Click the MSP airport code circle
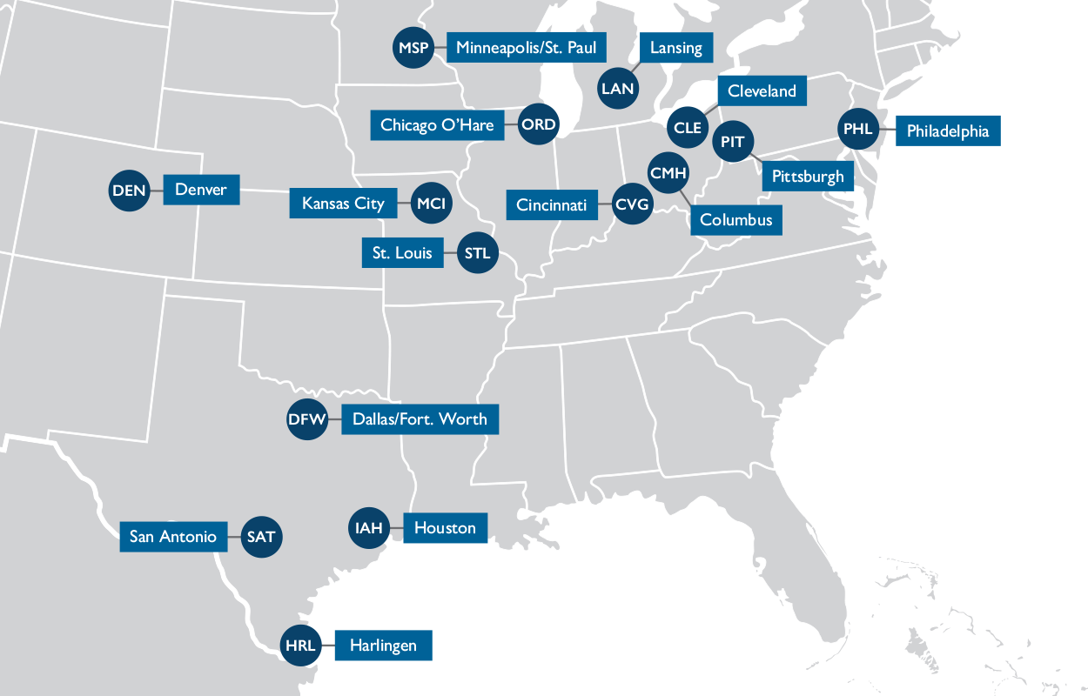tap(413, 48)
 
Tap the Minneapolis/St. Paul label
tap(526, 48)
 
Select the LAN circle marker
tap(618, 89)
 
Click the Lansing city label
tap(675, 48)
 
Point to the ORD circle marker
tap(538, 125)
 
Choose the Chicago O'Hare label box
tap(437, 125)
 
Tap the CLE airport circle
tap(687, 128)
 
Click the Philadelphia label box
tap(947, 131)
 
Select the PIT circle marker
tap(733, 142)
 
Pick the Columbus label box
tap(735, 220)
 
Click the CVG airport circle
tap(632, 205)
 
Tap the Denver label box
tap(200, 190)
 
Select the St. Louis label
tap(402, 253)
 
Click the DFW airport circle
tap(307, 420)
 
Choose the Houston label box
tap(445, 528)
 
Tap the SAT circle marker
tap(260, 537)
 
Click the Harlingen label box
tap(383, 646)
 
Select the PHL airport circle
tap(857, 130)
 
